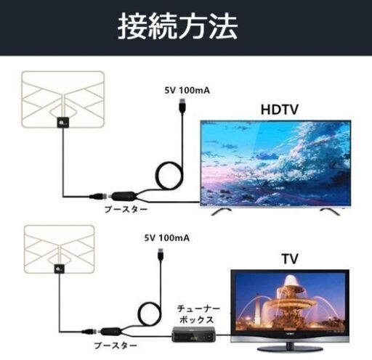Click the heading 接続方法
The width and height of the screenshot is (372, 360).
(177, 26)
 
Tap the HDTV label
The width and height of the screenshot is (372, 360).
(280, 110)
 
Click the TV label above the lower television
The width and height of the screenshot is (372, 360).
(290, 259)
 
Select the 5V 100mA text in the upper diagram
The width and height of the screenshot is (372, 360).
(187, 91)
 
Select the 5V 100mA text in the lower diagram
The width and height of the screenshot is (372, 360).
(167, 238)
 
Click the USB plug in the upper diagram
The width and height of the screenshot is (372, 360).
(182, 105)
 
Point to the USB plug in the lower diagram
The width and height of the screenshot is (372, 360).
(161, 255)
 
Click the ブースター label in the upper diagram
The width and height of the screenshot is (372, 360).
(126, 209)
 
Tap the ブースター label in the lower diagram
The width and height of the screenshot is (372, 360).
(116, 345)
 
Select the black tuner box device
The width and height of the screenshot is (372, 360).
(194, 335)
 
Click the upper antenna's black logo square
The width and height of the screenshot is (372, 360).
(62, 122)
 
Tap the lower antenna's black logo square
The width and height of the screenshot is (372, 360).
(60, 269)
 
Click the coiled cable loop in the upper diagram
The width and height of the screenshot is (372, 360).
(158, 174)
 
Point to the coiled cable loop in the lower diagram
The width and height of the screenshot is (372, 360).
(139, 314)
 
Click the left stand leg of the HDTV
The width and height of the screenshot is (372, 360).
(222, 211)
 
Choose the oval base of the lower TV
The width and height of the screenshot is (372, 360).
(290, 349)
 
